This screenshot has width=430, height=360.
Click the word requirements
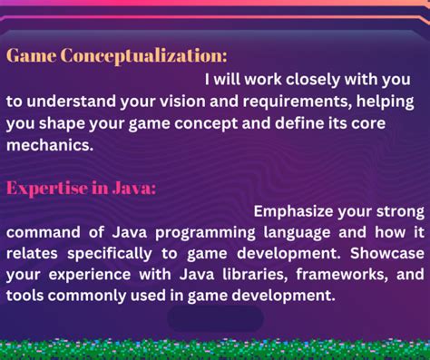click(298, 102)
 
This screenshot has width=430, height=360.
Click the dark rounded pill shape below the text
click(215, 318)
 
